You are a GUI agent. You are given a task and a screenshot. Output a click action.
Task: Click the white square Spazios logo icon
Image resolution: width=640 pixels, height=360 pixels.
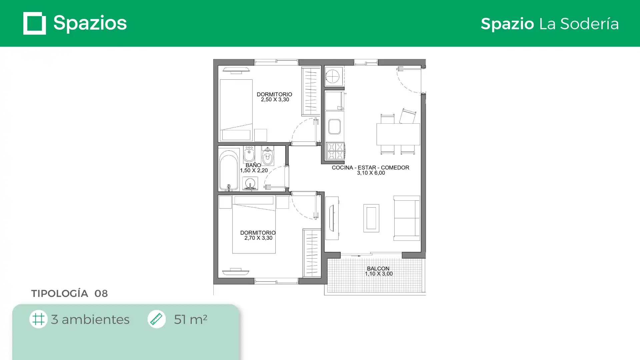click(35, 23)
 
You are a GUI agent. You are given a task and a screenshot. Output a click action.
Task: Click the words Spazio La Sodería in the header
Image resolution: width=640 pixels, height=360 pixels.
click(550, 24)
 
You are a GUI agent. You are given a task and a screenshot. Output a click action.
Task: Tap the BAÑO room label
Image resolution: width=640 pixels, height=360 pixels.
click(253, 165)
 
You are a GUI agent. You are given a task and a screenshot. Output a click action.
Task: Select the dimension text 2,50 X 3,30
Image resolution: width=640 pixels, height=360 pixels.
click(275, 100)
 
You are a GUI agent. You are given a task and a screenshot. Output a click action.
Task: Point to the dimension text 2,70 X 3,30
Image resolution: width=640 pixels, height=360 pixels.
click(258, 238)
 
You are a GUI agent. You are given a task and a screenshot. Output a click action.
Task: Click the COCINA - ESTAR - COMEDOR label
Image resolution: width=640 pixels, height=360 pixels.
click(370, 168)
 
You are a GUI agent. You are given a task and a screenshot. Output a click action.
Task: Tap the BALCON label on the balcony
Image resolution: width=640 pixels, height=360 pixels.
click(378, 269)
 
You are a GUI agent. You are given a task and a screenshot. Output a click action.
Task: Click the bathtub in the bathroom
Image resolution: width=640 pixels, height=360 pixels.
click(229, 170)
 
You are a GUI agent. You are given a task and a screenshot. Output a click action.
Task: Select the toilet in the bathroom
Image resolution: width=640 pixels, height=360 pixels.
click(268, 156)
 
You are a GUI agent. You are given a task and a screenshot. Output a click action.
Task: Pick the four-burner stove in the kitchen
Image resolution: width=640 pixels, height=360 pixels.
click(335, 151)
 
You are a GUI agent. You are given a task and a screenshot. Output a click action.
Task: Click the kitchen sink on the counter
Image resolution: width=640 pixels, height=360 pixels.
click(334, 127)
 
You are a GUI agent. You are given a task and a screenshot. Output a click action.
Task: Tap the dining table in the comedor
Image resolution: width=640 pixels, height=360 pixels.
click(398, 134)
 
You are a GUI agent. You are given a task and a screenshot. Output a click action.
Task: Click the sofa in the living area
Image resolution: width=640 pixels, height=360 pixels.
click(406, 218)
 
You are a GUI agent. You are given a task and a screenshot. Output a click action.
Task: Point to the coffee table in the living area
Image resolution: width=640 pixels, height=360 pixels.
click(371, 218)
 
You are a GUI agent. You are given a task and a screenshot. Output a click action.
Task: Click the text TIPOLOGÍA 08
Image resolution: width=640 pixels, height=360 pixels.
click(69, 293)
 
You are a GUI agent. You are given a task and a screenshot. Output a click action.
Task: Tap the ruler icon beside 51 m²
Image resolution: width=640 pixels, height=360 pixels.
click(156, 319)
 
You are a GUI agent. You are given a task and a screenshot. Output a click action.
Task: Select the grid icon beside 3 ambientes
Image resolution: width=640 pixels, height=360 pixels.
click(38, 319)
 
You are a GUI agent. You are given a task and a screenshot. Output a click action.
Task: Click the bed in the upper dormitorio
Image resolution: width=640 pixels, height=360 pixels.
click(236, 110)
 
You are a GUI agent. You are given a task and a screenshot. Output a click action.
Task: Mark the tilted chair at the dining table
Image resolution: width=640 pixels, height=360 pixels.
click(408, 116)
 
